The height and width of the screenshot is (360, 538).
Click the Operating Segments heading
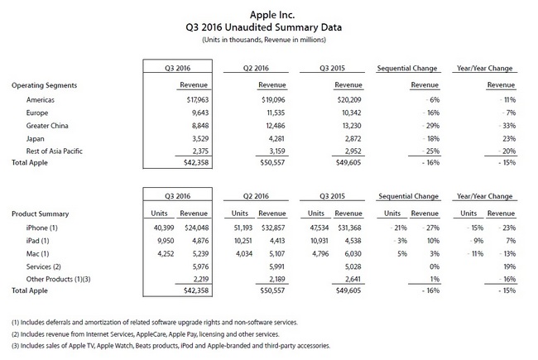point(45,85)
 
